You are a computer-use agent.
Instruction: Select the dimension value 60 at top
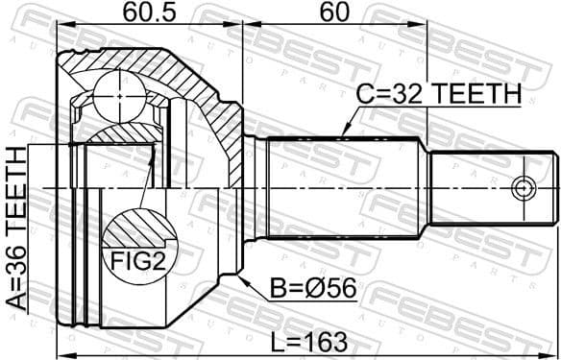pos(333,13)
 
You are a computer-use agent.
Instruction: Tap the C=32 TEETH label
pos(437,95)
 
